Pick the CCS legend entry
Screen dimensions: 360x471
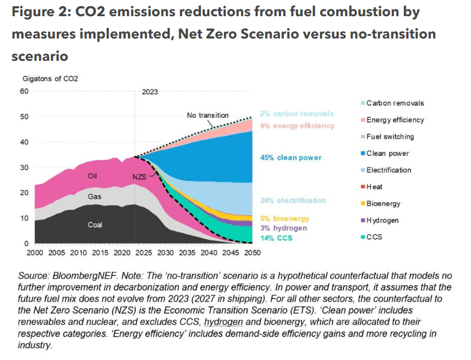(x=375, y=237)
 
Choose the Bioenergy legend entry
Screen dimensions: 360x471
(x=383, y=203)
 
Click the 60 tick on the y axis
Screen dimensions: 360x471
(x=24, y=91)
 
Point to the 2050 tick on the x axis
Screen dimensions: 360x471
(x=251, y=252)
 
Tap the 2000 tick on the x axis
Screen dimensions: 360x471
(x=35, y=252)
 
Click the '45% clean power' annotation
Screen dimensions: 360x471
(x=291, y=158)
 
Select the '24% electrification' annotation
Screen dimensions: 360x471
(x=293, y=200)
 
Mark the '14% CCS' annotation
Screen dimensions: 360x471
(x=276, y=238)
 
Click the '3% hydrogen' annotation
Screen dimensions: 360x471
(x=283, y=228)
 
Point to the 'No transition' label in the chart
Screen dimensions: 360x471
(x=207, y=116)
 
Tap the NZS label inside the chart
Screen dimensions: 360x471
(x=139, y=176)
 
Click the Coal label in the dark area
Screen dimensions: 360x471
(x=95, y=225)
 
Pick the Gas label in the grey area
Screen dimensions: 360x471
(x=94, y=196)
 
